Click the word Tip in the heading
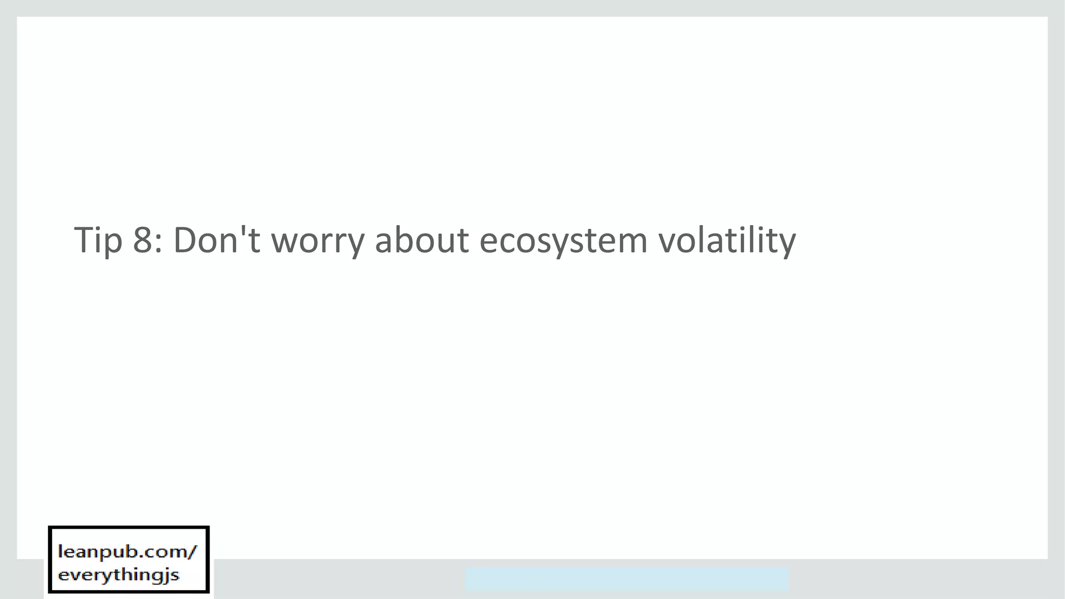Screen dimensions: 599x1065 [x=98, y=240]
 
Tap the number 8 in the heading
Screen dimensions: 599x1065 [x=142, y=240]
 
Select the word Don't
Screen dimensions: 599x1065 [x=216, y=240]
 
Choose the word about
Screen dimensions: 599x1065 [x=422, y=240]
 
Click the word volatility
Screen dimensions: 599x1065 [x=727, y=240]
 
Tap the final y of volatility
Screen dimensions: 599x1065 [x=786, y=244]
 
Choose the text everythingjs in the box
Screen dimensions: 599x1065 [x=119, y=575]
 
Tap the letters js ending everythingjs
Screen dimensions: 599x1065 [x=173, y=576]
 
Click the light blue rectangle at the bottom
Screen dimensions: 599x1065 [x=627, y=579]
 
